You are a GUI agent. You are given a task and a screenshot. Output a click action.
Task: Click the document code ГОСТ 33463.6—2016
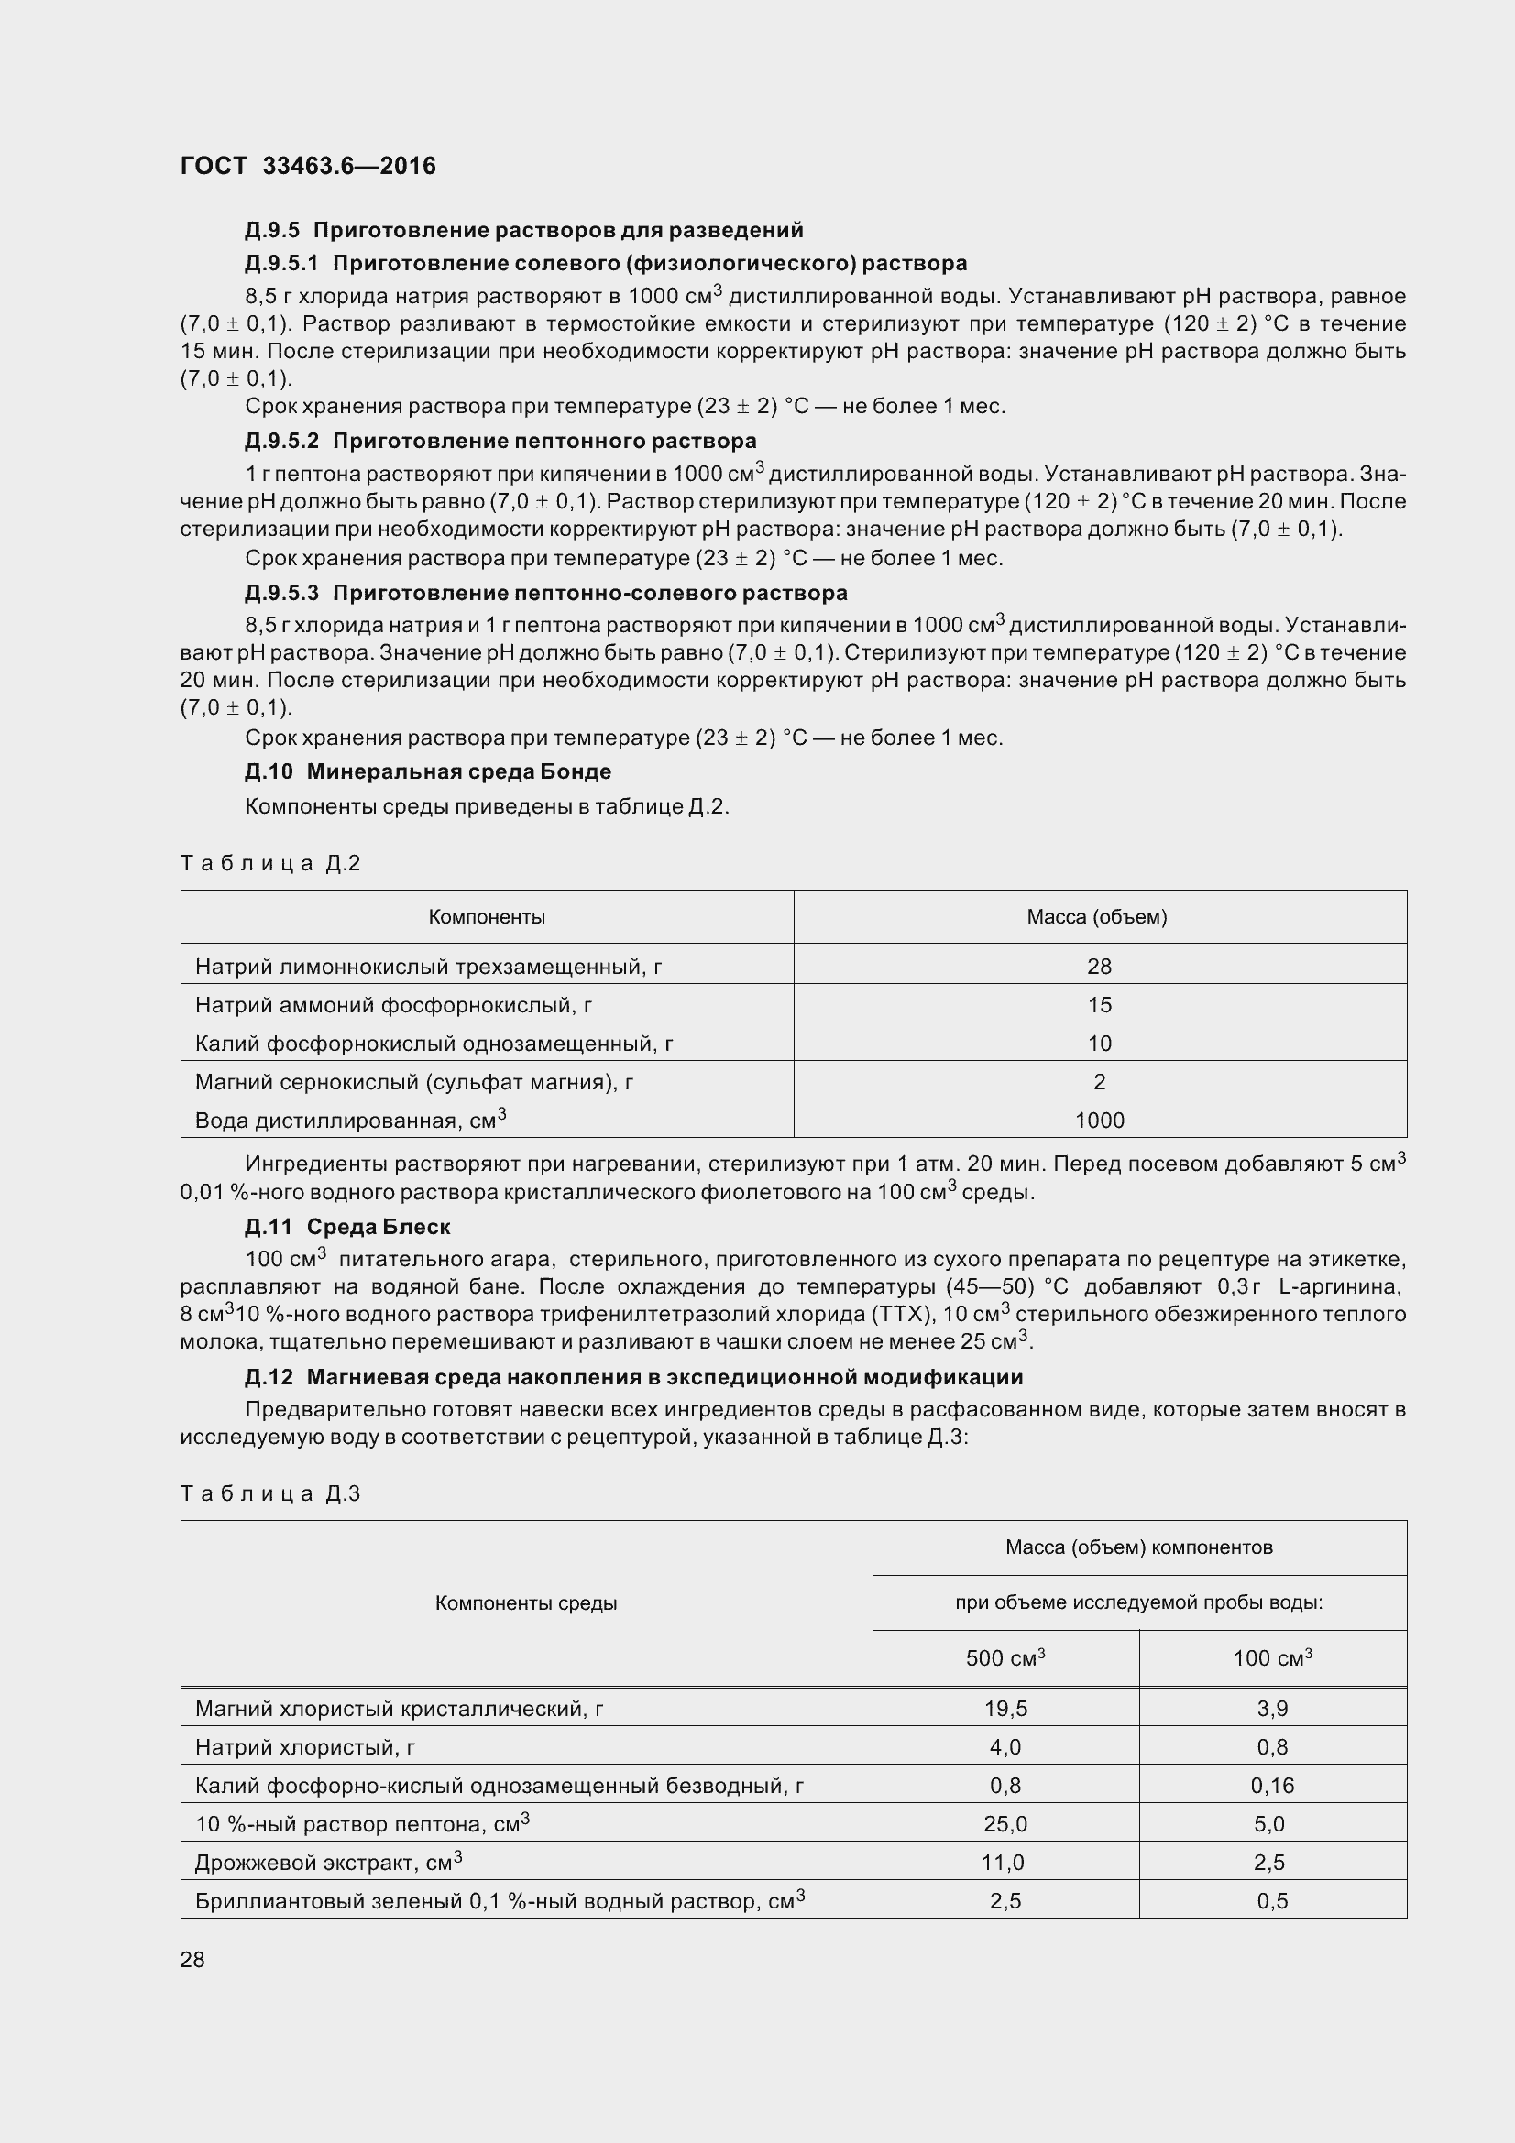point(308,166)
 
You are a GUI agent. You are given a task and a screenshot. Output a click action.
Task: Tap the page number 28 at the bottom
point(192,1959)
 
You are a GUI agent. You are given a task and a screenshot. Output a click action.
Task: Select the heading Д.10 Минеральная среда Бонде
point(427,771)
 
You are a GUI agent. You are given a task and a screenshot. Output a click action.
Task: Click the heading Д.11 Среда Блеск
point(347,1227)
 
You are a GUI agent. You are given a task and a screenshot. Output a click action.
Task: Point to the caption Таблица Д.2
point(269,863)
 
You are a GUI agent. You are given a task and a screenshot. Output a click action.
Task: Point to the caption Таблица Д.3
point(269,1494)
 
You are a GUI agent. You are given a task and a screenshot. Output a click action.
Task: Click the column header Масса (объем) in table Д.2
point(1097,916)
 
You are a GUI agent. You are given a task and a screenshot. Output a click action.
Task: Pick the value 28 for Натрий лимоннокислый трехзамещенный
point(1099,966)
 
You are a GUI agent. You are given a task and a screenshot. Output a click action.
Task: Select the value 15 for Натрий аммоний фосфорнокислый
point(1099,1005)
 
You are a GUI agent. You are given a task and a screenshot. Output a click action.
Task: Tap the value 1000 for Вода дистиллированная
point(1099,1121)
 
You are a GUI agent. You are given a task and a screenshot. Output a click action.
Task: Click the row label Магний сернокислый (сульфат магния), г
point(414,1083)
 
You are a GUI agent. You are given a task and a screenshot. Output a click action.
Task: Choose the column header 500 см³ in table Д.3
point(1005,1658)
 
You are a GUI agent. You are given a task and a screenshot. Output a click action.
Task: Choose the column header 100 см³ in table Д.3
point(1271,1658)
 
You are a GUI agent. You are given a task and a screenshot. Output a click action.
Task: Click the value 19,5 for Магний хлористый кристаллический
point(1005,1709)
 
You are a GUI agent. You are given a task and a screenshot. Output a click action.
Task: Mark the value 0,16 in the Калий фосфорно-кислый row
point(1271,1786)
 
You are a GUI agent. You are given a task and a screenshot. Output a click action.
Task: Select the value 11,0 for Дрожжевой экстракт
point(1003,1863)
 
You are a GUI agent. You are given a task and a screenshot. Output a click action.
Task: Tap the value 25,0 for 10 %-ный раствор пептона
point(1005,1824)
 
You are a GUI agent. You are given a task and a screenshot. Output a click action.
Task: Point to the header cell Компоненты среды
point(525,1603)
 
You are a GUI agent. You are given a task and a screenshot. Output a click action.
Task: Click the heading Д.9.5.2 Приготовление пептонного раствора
point(500,441)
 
